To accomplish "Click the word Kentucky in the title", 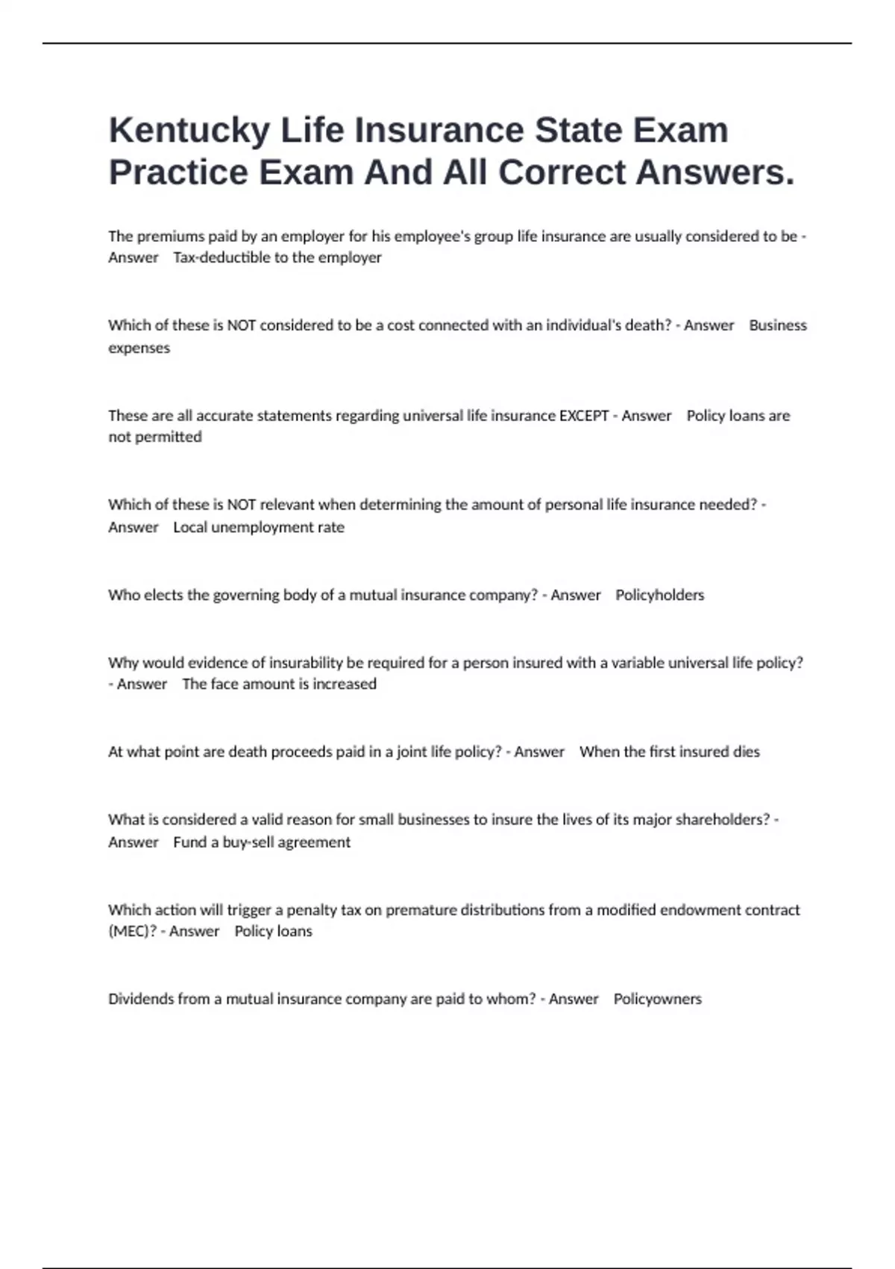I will pos(189,131).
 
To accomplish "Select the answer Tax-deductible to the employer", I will pos(277,258).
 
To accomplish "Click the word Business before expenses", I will pos(778,325).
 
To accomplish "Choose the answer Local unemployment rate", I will pos(258,528).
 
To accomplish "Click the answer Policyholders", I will pos(659,595).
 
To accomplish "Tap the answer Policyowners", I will pos(657,999).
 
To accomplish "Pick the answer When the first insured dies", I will pos(669,752).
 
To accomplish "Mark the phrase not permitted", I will pos(155,437).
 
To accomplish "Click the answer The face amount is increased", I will pos(279,684).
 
